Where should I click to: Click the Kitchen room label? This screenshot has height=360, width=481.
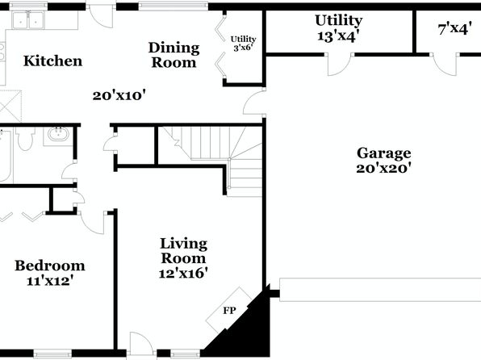pos(52,61)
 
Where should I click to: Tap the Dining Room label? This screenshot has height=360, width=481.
pos(174,55)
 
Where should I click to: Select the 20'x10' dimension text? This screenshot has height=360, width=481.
pos(119,95)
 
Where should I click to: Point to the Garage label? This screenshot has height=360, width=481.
pos(384,153)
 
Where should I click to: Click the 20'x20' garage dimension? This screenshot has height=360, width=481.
pos(384,168)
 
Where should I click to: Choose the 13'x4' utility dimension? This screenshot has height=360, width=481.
pos(338,36)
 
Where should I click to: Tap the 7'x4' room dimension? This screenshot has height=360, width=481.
pos(454,30)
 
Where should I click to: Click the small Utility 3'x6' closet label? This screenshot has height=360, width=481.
pos(244,44)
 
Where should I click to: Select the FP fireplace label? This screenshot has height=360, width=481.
pos(229,311)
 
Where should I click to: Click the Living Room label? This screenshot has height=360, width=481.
pos(183,251)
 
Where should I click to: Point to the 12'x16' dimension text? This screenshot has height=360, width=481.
pos(183,273)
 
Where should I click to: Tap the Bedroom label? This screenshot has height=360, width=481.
pos(50,266)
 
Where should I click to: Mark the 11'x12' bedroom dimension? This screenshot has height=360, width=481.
pos(50,281)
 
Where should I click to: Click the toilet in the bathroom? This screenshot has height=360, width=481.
pos(26,139)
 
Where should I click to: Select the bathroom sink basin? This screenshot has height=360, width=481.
pos(57,135)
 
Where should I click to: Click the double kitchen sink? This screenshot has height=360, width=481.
pos(28,20)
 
